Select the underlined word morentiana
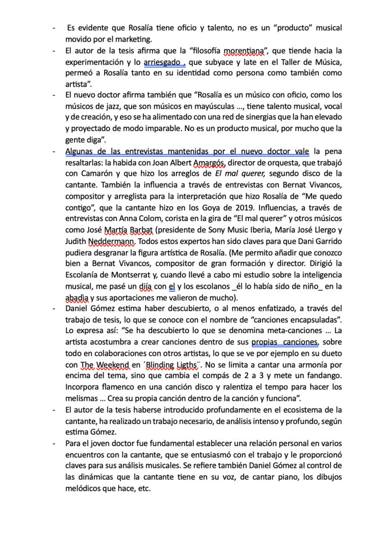[x=243, y=50]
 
